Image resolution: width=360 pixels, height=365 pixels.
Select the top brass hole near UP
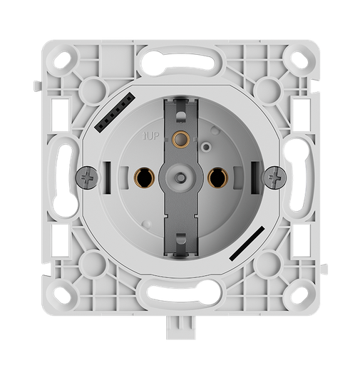pos(180,138)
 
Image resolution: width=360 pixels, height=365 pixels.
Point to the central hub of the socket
pos(180,174)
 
